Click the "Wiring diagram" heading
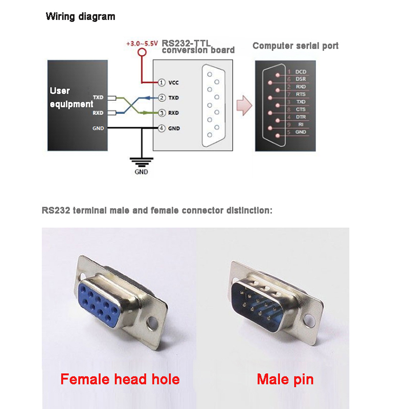(x=81, y=16)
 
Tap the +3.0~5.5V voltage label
(x=143, y=44)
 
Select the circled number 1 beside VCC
(x=162, y=82)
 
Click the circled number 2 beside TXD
(x=162, y=97)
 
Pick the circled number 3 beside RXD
(x=162, y=112)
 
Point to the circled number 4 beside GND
(x=162, y=128)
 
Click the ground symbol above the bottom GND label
(x=141, y=162)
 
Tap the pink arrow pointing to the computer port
(x=244, y=105)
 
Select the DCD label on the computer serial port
(x=301, y=72)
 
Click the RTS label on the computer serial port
(x=301, y=94)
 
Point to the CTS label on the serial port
(x=301, y=109)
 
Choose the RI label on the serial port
(x=301, y=124)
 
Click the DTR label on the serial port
(x=301, y=117)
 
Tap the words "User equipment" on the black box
(x=71, y=97)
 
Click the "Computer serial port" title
(x=296, y=46)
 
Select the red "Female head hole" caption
(x=120, y=379)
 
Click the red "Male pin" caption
(x=285, y=379)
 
